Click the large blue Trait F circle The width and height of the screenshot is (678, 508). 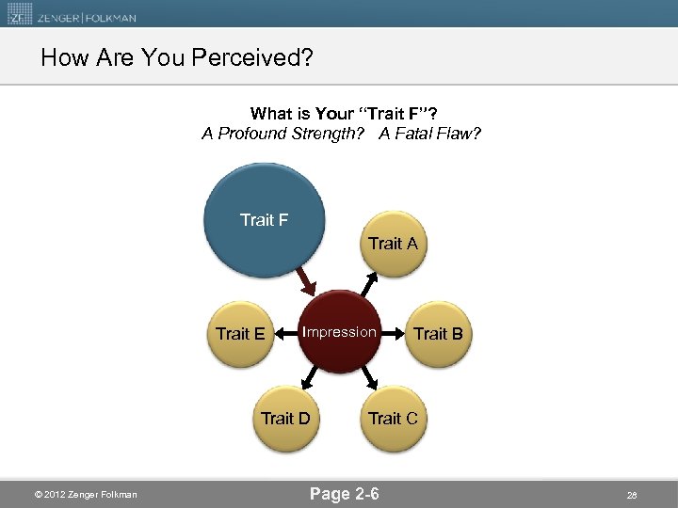coord(264,218)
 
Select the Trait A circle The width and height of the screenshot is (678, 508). coord(393,244)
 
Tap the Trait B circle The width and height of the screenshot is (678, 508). coord(438,333)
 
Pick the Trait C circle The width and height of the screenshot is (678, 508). coord(393,418)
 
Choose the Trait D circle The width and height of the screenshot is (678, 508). coord(285,418)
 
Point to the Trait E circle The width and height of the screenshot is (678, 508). coord(240,333)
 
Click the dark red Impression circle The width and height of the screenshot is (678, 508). coord(340,332)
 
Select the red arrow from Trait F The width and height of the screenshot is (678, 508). coord(306,280)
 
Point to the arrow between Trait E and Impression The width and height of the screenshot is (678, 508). coord(284,333)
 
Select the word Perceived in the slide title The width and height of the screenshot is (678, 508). coord(251,58)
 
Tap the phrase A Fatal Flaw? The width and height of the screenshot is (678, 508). coord(430,134)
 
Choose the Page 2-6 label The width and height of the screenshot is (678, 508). coord(345,493)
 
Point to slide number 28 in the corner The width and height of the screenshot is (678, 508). coord(632,495)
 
